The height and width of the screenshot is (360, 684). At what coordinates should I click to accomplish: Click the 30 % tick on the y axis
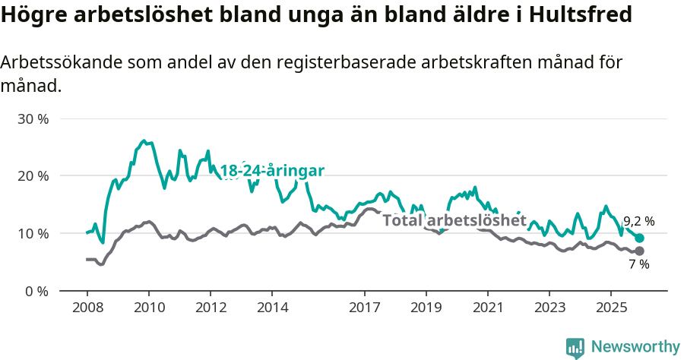pyautogui.click(x=33, y=119)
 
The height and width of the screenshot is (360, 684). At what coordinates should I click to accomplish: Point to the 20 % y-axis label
pyautogui.click(x=33, y=176)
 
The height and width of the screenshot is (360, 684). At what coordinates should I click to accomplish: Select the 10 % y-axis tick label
pyautogui.click(x=33, y=233)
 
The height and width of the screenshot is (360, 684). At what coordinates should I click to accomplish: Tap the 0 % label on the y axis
pyautogui.click(x=37, y=290)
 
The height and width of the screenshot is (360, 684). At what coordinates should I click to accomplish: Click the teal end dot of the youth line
pyautogui.click(x=639, y=238)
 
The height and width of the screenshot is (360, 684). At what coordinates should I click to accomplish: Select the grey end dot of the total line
pyautogui.click(x=639, y=251)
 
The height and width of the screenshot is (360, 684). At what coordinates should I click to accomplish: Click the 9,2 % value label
pyautogui.click(x=638, y=222)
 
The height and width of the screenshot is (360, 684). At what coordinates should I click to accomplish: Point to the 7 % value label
pyautogui.click(x=638, y=264)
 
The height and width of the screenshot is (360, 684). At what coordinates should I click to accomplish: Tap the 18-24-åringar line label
pyautogui.click(x=272, y=171)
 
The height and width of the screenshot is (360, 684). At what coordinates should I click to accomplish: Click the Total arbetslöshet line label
pyautogui.click(x=454, y=220)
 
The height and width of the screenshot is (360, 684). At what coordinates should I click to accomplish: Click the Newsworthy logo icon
pyautogui.click(x=575, y=347)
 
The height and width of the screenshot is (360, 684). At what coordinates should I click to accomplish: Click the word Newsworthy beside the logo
pyautogui.click(x=635, y=347)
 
